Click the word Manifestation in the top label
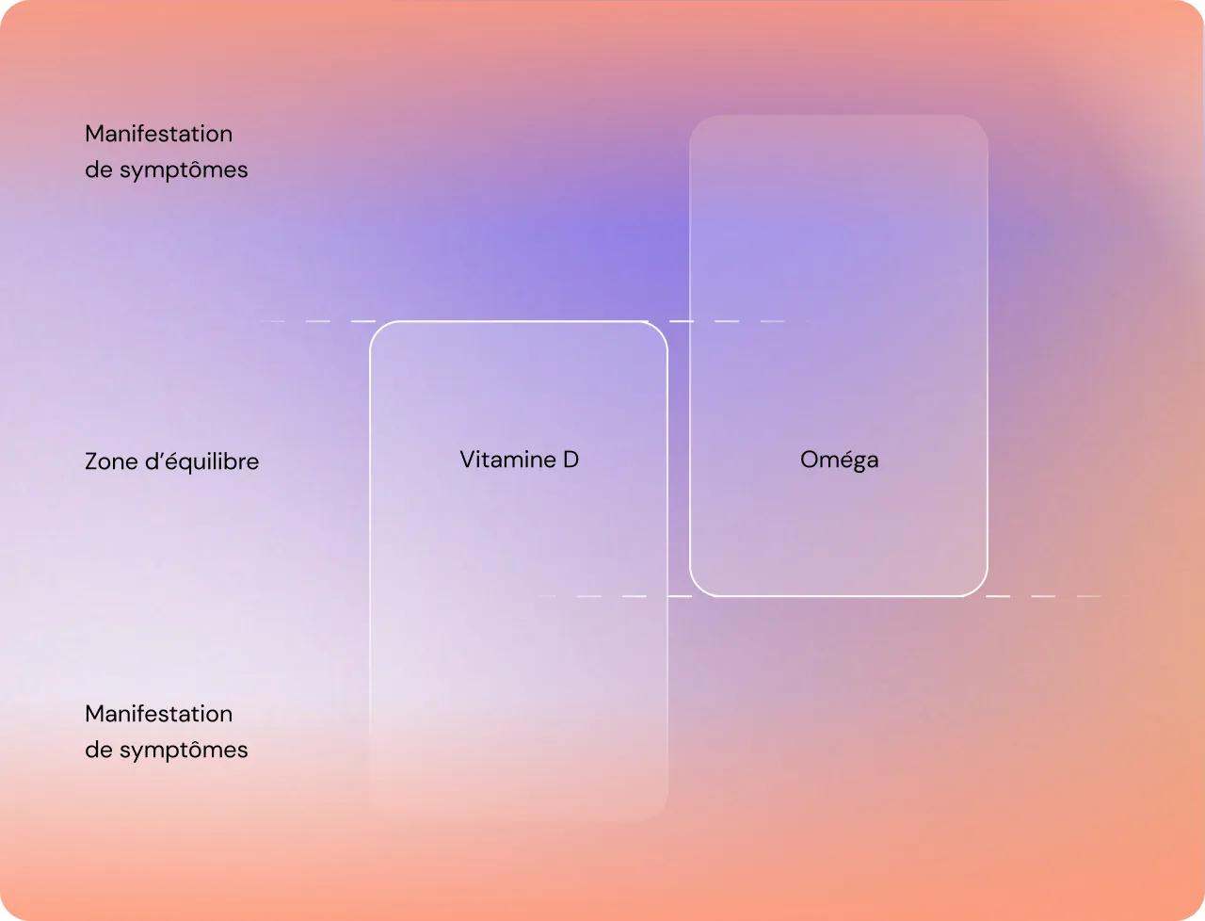click(158, 134)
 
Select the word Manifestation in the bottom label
click(158, 714)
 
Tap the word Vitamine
click(507, 460)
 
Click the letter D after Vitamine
click(570, 460)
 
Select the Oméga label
click(839, 460)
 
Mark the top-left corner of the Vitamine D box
click(375, 327)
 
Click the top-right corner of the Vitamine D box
click(663, 327)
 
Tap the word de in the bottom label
click(98, 751)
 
